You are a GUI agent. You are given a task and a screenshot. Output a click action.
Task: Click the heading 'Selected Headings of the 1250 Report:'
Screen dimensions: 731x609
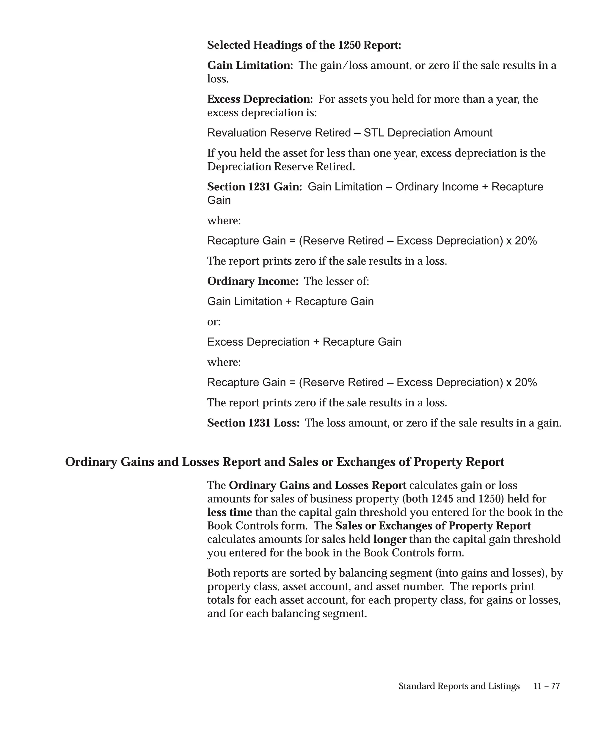pyautogui.click(x=304, y=45)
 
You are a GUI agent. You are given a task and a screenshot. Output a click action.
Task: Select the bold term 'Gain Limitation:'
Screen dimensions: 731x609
pyautogui.click(x=250, y=65)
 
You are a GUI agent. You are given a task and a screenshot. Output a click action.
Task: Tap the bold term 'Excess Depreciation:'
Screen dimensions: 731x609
pyautogui.click(x=260, y=99)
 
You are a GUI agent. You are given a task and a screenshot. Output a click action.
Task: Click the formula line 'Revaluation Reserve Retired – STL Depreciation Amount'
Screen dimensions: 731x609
pyautogui.click(x=350, y=133)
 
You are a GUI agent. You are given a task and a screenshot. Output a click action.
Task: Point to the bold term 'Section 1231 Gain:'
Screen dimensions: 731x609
pyautogui.click(x=254, y=187)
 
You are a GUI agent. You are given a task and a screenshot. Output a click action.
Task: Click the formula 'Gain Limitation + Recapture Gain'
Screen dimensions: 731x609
pyautogui.click(x=290, y=302)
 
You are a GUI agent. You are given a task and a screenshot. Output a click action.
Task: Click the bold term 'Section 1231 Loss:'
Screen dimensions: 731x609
pyautogui.click(x=253, y=423)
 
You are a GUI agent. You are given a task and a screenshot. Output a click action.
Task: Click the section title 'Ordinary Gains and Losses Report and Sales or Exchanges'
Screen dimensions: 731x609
pyautogui.click(x=284, y=462)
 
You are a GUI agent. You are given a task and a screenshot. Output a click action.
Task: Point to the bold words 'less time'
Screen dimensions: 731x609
pyautogui.click(x=230, y=512)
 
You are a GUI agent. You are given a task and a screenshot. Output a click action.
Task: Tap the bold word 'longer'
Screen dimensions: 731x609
pyautogui.click(x=390, y=539)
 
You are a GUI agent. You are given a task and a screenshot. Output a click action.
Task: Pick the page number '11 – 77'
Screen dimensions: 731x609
pyautogui.click(x=547, y=686)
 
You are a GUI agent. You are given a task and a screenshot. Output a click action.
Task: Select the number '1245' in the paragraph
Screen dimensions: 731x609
pyautogui.click(x=442, y=499)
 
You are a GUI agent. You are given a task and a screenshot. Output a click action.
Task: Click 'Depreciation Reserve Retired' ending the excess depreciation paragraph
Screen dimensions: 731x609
pyautogui.click(x=280, y=167)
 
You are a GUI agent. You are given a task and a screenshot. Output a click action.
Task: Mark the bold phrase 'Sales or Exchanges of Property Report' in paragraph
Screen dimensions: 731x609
pyautogui.click(x=433, y=526)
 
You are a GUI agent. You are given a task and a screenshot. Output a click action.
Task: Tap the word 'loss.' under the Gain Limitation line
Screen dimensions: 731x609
pyautogui.click(x=218, y=79)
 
